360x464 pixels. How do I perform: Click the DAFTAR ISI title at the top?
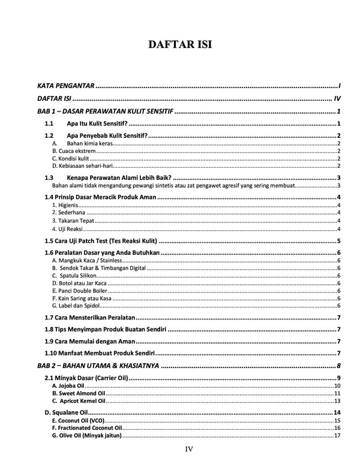pos(180,45)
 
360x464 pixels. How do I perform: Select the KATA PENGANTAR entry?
pos(66,86)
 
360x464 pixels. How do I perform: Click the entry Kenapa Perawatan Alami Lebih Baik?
pos(120,178)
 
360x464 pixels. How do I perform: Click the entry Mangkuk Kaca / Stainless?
pos(88,260)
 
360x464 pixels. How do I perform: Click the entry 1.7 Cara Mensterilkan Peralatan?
pos(90,317)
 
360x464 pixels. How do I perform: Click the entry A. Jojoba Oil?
pos(69,385)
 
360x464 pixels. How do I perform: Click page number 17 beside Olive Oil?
pos(337,436)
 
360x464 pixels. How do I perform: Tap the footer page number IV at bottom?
pos(188,449)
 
